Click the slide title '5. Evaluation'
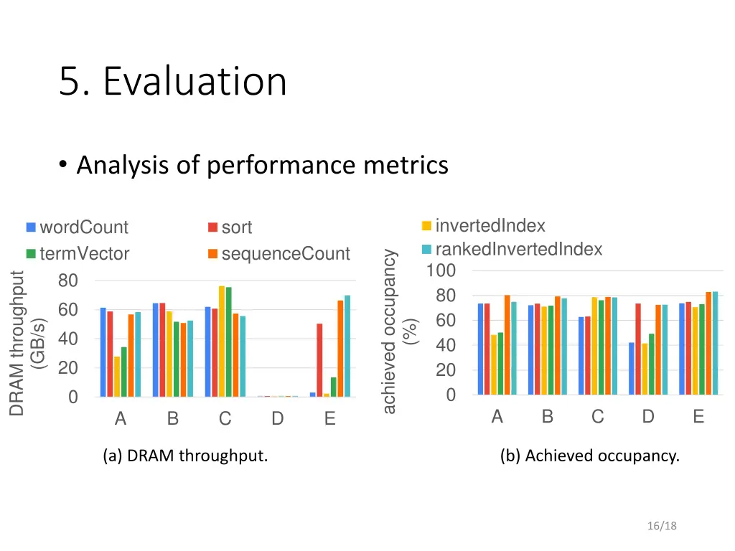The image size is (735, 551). (x=173, y=81)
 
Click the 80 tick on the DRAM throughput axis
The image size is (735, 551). (x=69, y=281)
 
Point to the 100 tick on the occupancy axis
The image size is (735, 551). (x=441, y=271)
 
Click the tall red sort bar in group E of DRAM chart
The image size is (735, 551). (x=319, y=359)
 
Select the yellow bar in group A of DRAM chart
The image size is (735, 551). (x=117, y=376)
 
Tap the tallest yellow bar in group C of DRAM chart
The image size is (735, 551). (x=222, y=341)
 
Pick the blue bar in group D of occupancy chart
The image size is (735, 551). (x=632, y=368)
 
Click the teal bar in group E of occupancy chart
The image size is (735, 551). (x=715, y=343)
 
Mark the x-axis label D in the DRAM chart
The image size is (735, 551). (x=278, y=420)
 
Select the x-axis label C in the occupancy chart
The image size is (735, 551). (x=598, y=417)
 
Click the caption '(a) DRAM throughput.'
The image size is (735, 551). (x=185, y=456)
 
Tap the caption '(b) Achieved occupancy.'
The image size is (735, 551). (x=589, y=456)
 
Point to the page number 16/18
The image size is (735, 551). (x=661, y=526)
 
